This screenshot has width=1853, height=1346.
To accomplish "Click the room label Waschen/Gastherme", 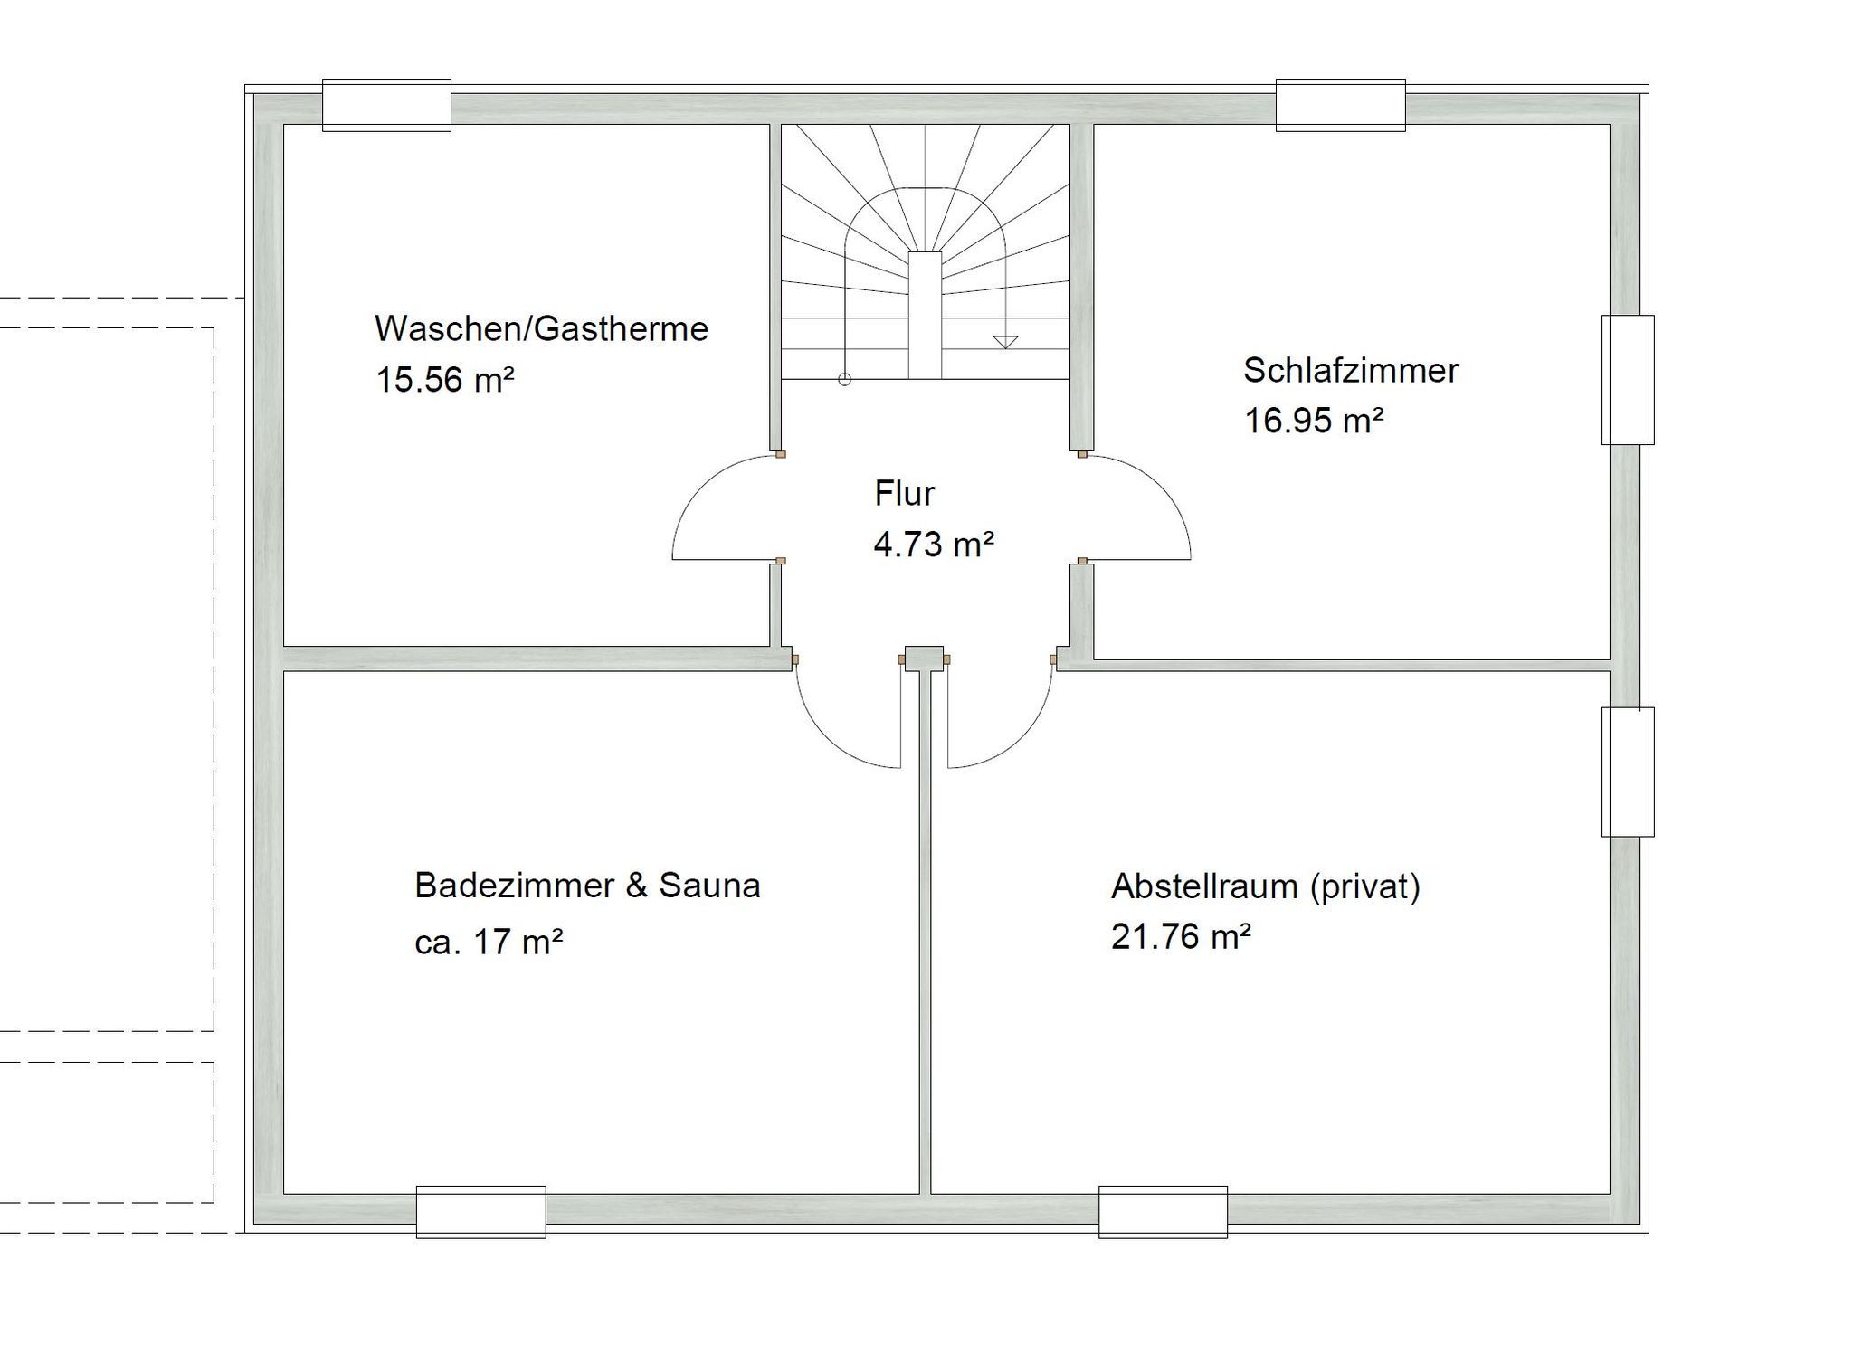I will point(541,328).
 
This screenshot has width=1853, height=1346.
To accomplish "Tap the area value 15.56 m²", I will point(445,380).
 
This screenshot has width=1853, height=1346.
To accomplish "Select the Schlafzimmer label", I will point(1350,370).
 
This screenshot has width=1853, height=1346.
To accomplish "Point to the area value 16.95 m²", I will point(1314,421).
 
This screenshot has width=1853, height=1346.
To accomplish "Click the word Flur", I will point(904,494).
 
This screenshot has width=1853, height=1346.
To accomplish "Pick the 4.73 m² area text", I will point(934,545).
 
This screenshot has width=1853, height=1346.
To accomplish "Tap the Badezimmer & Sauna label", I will point(587,886).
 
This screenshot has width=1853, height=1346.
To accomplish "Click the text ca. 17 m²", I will point(489,943).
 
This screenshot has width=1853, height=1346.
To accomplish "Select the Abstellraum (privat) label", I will point(1265,886).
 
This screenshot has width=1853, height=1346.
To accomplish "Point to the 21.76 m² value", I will point(1181,937).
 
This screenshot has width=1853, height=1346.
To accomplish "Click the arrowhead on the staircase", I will point(1005,342).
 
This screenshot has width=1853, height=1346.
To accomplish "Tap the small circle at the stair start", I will point(844,380).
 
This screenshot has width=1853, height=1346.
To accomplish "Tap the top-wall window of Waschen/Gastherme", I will point(386,105).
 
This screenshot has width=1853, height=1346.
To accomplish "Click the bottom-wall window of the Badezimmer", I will point(480,1212).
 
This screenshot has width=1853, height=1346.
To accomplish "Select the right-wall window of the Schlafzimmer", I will point(1627,380).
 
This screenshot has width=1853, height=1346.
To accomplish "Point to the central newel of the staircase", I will point(925,315).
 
